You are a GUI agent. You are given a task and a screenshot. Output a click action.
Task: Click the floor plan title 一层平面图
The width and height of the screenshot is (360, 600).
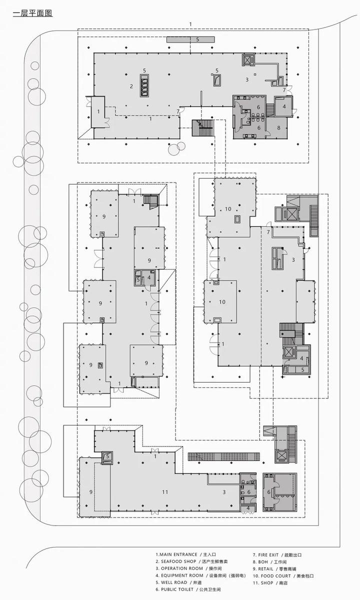coord(32,13)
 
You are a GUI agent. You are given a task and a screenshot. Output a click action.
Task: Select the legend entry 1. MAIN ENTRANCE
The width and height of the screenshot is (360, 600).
coord(185,554)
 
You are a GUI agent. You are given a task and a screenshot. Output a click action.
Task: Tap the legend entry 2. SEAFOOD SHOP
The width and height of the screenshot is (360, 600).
coord(191,561)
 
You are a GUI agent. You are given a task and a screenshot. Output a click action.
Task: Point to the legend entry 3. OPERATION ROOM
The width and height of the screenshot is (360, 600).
coord(188,568)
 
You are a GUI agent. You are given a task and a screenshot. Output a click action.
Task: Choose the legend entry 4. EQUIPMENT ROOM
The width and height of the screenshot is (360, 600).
coord(200,575)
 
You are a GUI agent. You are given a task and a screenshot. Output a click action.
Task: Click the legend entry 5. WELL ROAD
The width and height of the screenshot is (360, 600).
coord(178,582)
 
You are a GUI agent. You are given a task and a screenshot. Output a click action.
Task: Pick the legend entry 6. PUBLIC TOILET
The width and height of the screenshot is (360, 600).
coord(188,589)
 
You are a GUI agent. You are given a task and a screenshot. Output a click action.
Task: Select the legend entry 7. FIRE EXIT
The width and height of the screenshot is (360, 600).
coord(277,555)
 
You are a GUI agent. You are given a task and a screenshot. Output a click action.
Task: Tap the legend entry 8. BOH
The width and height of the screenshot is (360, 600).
coord(269,562)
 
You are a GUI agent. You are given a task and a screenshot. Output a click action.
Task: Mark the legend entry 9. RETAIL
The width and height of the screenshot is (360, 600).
coord(274,569)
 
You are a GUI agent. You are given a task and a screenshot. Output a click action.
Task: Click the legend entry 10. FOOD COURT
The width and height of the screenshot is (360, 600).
coord(283,576)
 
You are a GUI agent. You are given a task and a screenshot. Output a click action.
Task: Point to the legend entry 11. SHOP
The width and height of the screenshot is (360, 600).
coord(270,583)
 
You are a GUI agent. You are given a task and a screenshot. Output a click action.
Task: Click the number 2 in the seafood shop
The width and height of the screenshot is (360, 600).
coord(131,86)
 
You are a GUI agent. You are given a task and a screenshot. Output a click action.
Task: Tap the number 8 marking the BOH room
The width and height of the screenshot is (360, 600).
coord(278,128)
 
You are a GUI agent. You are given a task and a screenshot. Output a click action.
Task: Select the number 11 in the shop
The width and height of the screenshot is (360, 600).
coord(165,492)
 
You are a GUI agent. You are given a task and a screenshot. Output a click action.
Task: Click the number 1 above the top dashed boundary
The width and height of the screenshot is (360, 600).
coord(190,24)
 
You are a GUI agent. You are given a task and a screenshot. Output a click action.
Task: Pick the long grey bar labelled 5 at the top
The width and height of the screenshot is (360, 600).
coord(190,39)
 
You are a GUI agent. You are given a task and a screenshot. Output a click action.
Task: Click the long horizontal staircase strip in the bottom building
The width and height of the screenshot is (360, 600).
coord(224,456)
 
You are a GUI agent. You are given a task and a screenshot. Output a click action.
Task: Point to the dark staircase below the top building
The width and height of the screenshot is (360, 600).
coord(203,128)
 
